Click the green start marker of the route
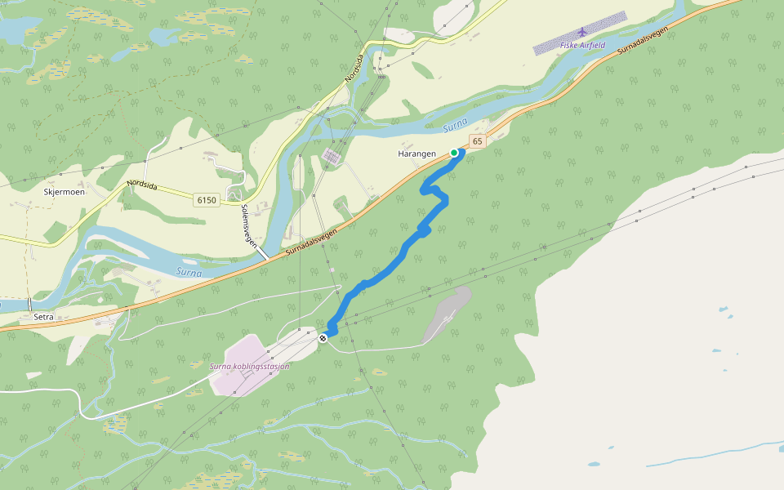pyautogui.click(x=454, y=152)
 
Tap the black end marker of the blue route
pyautogui.click(x=323, y=338)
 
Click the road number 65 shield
pyautogui.click(x=478, y=141)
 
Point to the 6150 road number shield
pyautogui.click(x=207, y=200)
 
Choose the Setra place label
pyautogui.click(x=43, y=314)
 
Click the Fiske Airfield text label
pyautogui.click(x=582, y=46)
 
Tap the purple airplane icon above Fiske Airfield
pyautogui.click(x=581, y=33)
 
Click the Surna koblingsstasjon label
pyautogui.click(x=249, y=367)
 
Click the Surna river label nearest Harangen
pyautogui.click(x=455, y=125)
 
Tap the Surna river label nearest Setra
pyautogui.click(x=189, y=272)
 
